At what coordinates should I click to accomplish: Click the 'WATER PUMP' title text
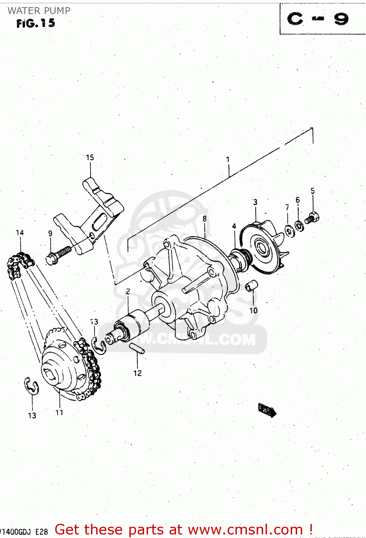39,11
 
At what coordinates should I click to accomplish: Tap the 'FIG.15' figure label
35,24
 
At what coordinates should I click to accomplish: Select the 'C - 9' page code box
318,19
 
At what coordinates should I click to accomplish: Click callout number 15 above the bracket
90,157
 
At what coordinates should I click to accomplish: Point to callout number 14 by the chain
20,233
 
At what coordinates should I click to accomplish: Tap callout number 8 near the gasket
204,218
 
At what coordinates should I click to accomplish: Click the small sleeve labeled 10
252,286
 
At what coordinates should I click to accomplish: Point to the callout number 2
128,292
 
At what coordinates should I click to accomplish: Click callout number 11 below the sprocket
59,412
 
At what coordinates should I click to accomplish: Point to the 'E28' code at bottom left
42,532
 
